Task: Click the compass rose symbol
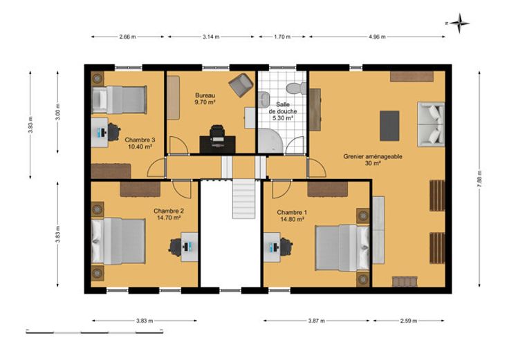459,23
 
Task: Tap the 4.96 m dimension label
377,37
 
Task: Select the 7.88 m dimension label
479,180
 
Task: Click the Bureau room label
205,95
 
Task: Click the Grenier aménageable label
373,156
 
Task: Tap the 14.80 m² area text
292,219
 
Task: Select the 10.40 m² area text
140,146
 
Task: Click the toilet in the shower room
296,88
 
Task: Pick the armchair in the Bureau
241,85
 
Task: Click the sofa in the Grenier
431,124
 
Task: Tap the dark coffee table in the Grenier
389,126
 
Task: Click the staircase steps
244,199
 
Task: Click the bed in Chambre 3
119,100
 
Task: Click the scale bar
95,332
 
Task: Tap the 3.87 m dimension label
316,321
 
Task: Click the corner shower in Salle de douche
270,141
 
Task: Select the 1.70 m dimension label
282,37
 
